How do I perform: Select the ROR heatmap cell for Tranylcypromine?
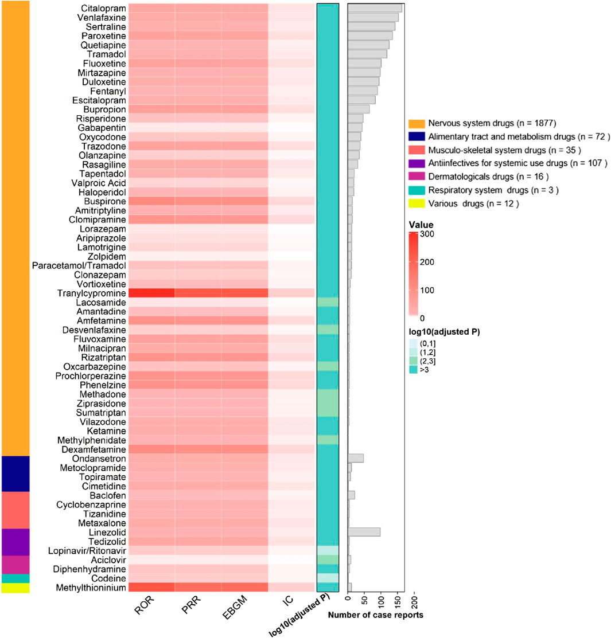151,293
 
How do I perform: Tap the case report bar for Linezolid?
364,532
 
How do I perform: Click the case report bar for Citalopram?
375,8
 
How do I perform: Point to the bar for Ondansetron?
356,458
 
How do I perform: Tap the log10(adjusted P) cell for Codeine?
328,578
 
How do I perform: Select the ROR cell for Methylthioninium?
151,587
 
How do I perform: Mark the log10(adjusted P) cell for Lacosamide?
328,302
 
